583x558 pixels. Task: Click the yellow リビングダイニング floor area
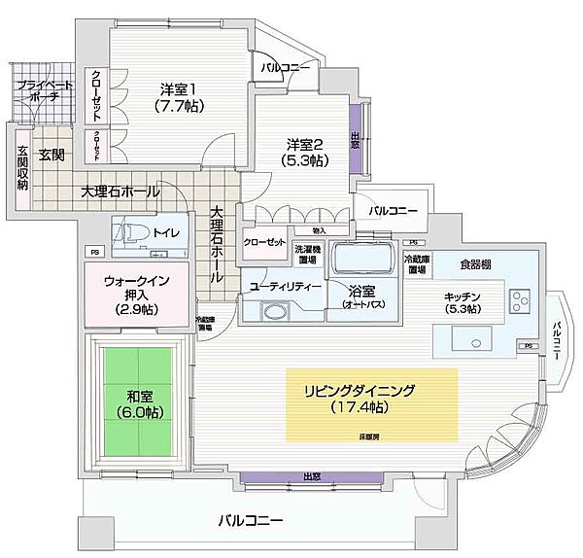(371, 401)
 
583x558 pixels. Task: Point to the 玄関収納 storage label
(21, 168)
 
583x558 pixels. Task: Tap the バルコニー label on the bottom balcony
(251, 519)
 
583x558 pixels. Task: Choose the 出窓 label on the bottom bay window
(312, 477)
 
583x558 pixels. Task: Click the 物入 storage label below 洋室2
(319, 230)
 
